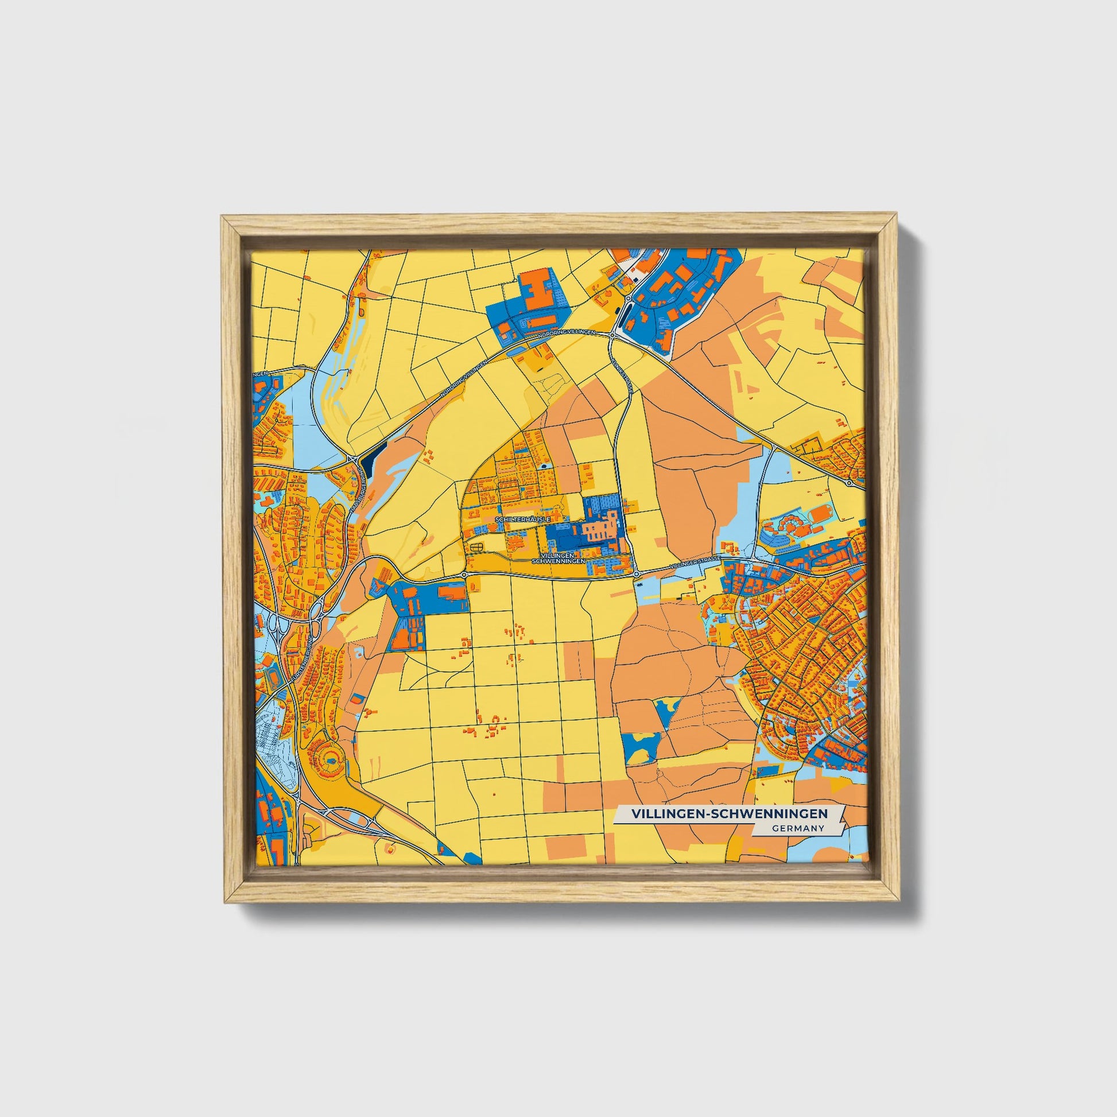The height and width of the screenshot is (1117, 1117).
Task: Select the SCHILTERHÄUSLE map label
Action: pyautogui.click(x=521, y=520)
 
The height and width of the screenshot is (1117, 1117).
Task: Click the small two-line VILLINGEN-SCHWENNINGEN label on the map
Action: pyautogui.click(x=558, y=558)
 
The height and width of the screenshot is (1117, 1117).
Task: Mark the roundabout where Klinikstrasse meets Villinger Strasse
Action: pyautogui.click(x=636, y=574)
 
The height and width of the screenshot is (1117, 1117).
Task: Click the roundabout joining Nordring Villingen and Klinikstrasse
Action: pyautogui.click(x=612, y=335)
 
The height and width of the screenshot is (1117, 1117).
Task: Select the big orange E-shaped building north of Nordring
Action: pyautogui.click(x=536, y=288)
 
